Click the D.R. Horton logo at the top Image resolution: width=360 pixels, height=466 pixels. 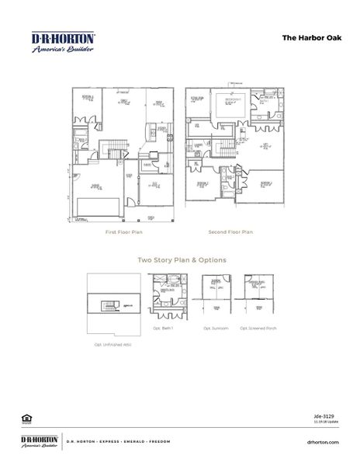63,42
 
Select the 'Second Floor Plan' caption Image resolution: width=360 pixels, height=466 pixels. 230,231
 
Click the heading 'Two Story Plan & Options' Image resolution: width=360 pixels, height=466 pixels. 182,260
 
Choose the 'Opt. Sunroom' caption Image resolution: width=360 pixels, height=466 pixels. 214,328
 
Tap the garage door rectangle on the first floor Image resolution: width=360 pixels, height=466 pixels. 99,207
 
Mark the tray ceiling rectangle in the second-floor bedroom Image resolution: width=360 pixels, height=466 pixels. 230,105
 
